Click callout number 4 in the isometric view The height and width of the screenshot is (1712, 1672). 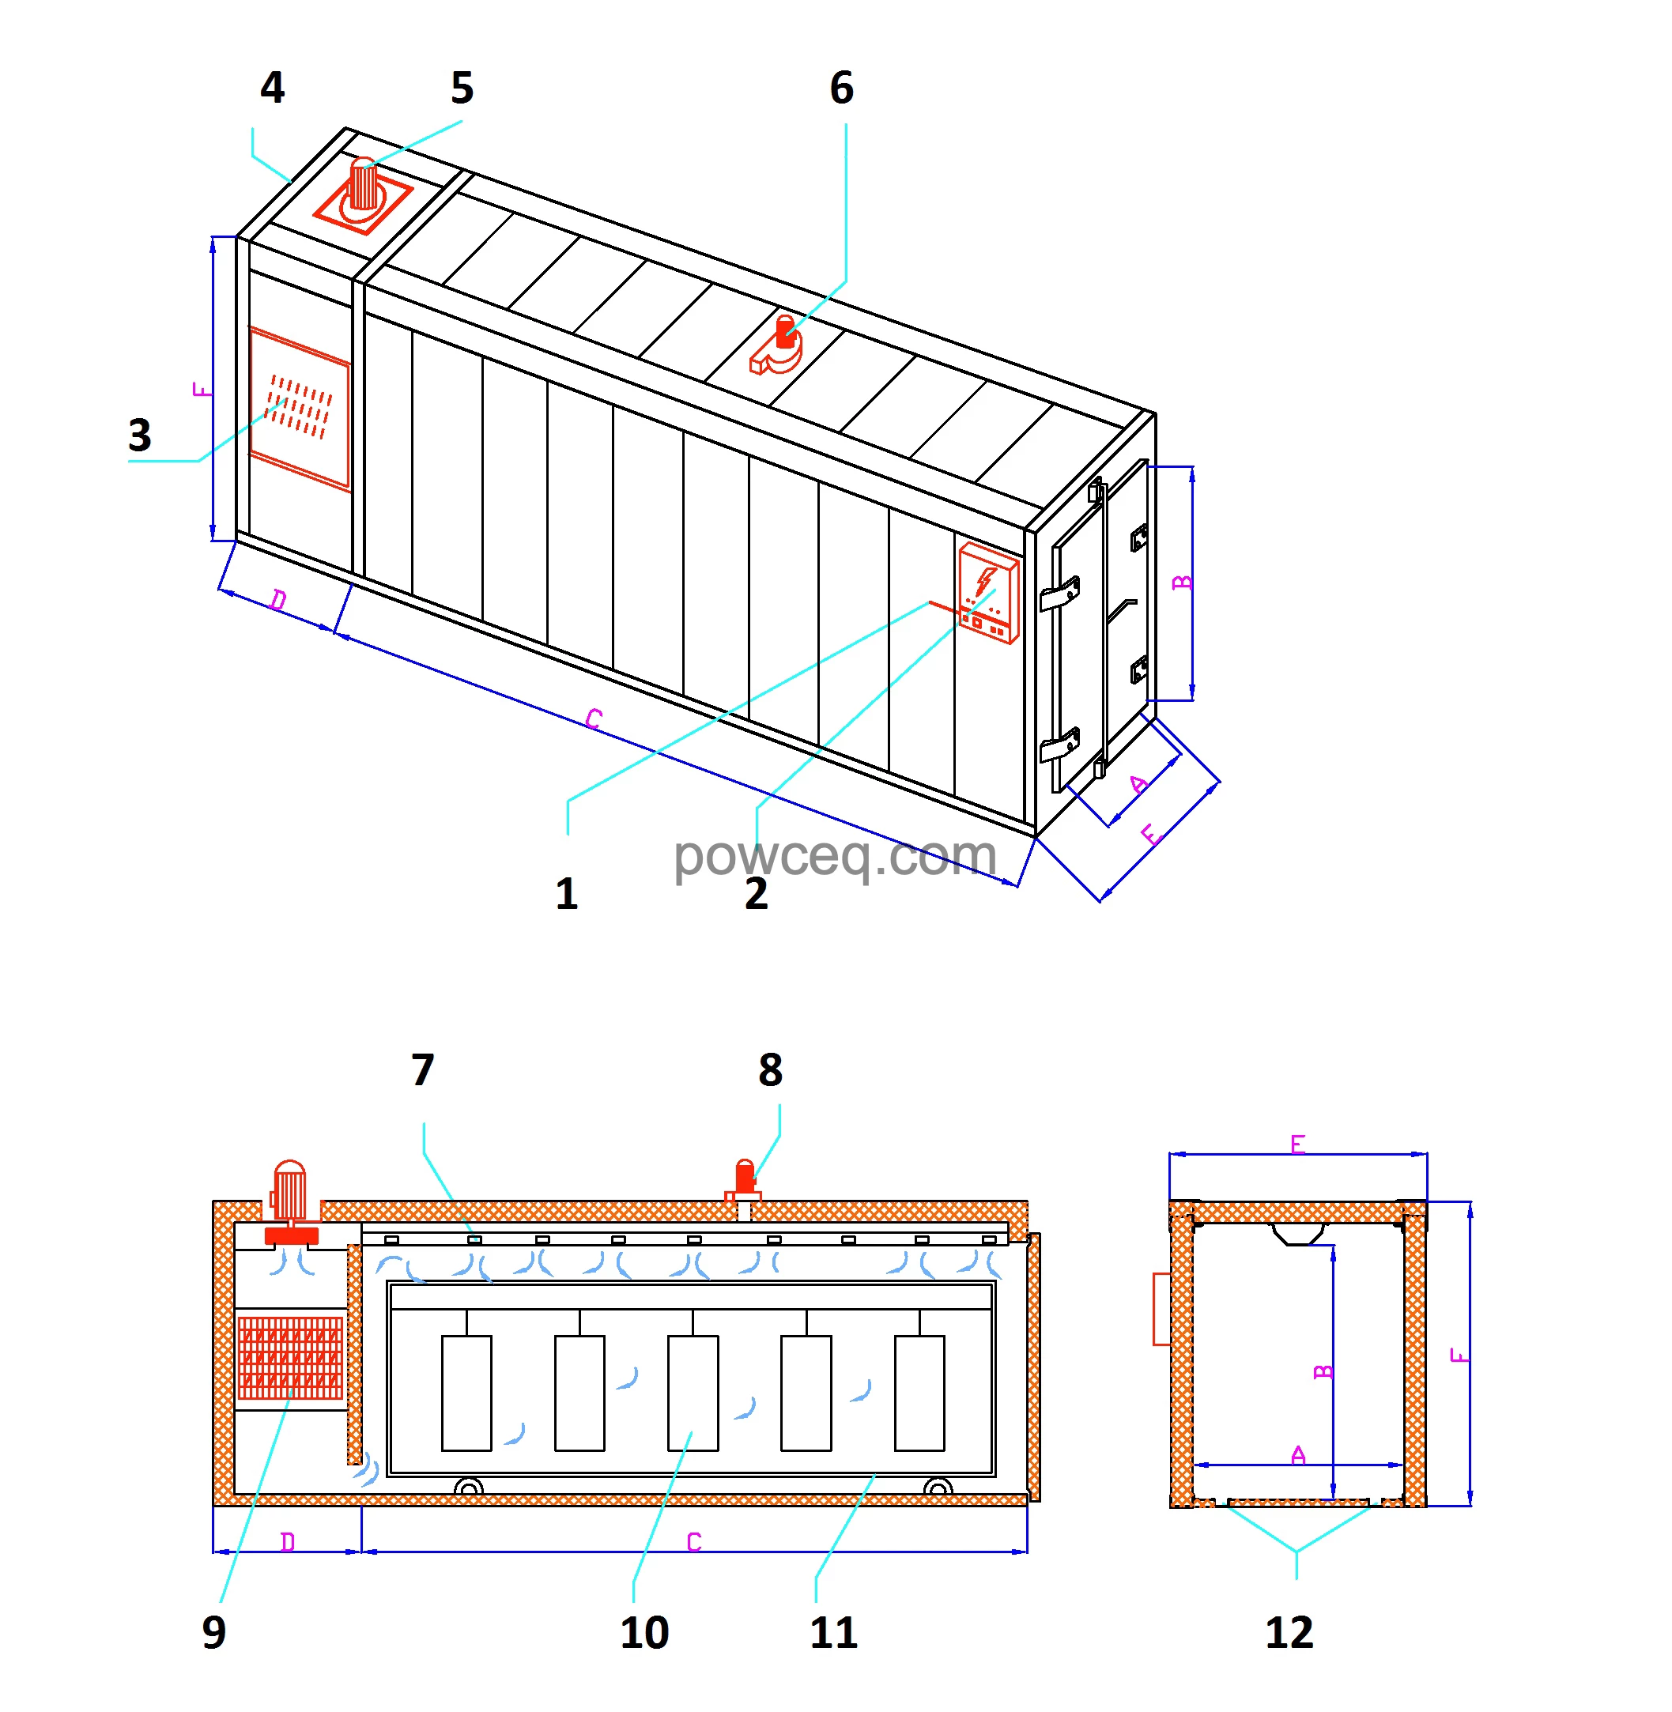[272, 88]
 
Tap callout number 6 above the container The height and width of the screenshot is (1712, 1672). [841, 88]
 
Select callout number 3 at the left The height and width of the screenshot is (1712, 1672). [140, 436]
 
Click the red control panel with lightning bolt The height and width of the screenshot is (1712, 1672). [988, 594]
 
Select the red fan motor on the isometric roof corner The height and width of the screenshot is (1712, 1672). [363, 186]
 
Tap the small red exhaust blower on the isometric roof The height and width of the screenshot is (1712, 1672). [778, 348]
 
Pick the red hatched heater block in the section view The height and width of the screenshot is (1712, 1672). [290, 1356]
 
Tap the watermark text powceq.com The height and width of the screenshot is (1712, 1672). [834, 856]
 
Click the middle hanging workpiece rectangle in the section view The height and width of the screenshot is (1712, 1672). [693, 1393]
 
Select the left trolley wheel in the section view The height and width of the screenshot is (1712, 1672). [468, 1488]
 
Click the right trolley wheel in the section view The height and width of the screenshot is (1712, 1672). [938, 1488]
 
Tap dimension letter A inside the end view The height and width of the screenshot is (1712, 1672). [1298, 1456]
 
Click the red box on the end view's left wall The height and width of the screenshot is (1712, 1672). [1161, 1309]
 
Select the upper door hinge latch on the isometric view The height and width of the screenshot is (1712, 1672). [1060, 594]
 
